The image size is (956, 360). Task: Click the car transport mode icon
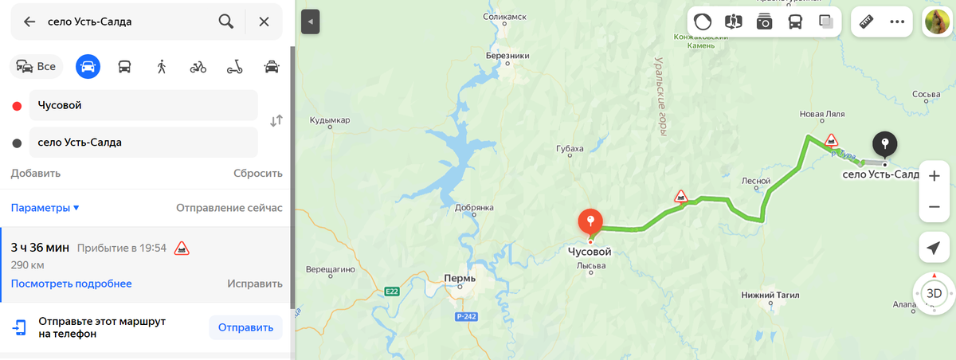pyautogui.click(x=88, y=66)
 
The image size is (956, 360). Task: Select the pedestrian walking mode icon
pyautogui.click(x=161, y=66)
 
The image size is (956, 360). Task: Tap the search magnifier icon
pyautogui.click(x=226, y=22)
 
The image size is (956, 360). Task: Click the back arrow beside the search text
pyautogui.click(x=29, y=22)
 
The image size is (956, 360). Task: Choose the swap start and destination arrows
pyautogui.click(x=276, y=121)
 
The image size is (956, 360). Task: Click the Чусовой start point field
pyautogui.click(x=143, y=105)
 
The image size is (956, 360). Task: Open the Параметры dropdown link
pyautogui.click(x=45, y=208)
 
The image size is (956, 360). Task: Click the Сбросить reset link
pyautogui.click(x=257, y=173)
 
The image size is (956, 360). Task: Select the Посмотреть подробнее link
pyautogui.click(x=71, y=284)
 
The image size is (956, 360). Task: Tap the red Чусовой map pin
pyautogui.click(x=590, y=221)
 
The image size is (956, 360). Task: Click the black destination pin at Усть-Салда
pyautogui.click(x=884, y=145)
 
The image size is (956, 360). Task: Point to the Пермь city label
pyautogui.click(x=460, y=279)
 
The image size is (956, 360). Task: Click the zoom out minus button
pyautogui.click(x=934, y=206)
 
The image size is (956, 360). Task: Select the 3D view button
pyautogui.click(x=934, y=293)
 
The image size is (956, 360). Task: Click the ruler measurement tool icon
pyautogui.click(x=867, y=22)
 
